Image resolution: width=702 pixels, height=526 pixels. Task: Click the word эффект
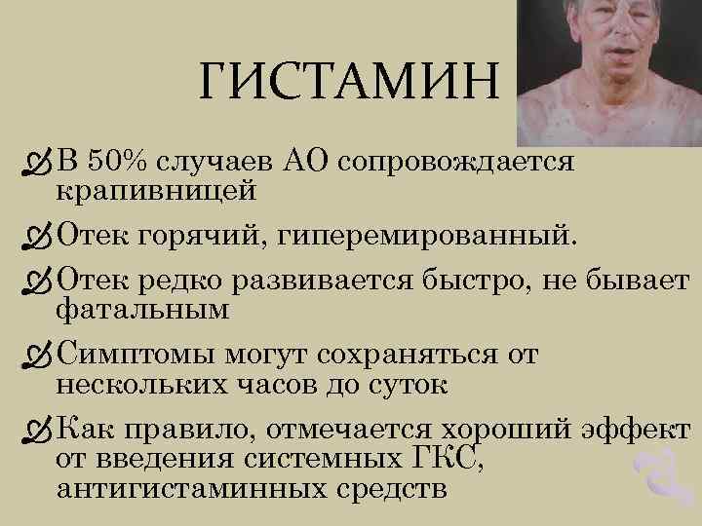(x=645, y=430)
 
